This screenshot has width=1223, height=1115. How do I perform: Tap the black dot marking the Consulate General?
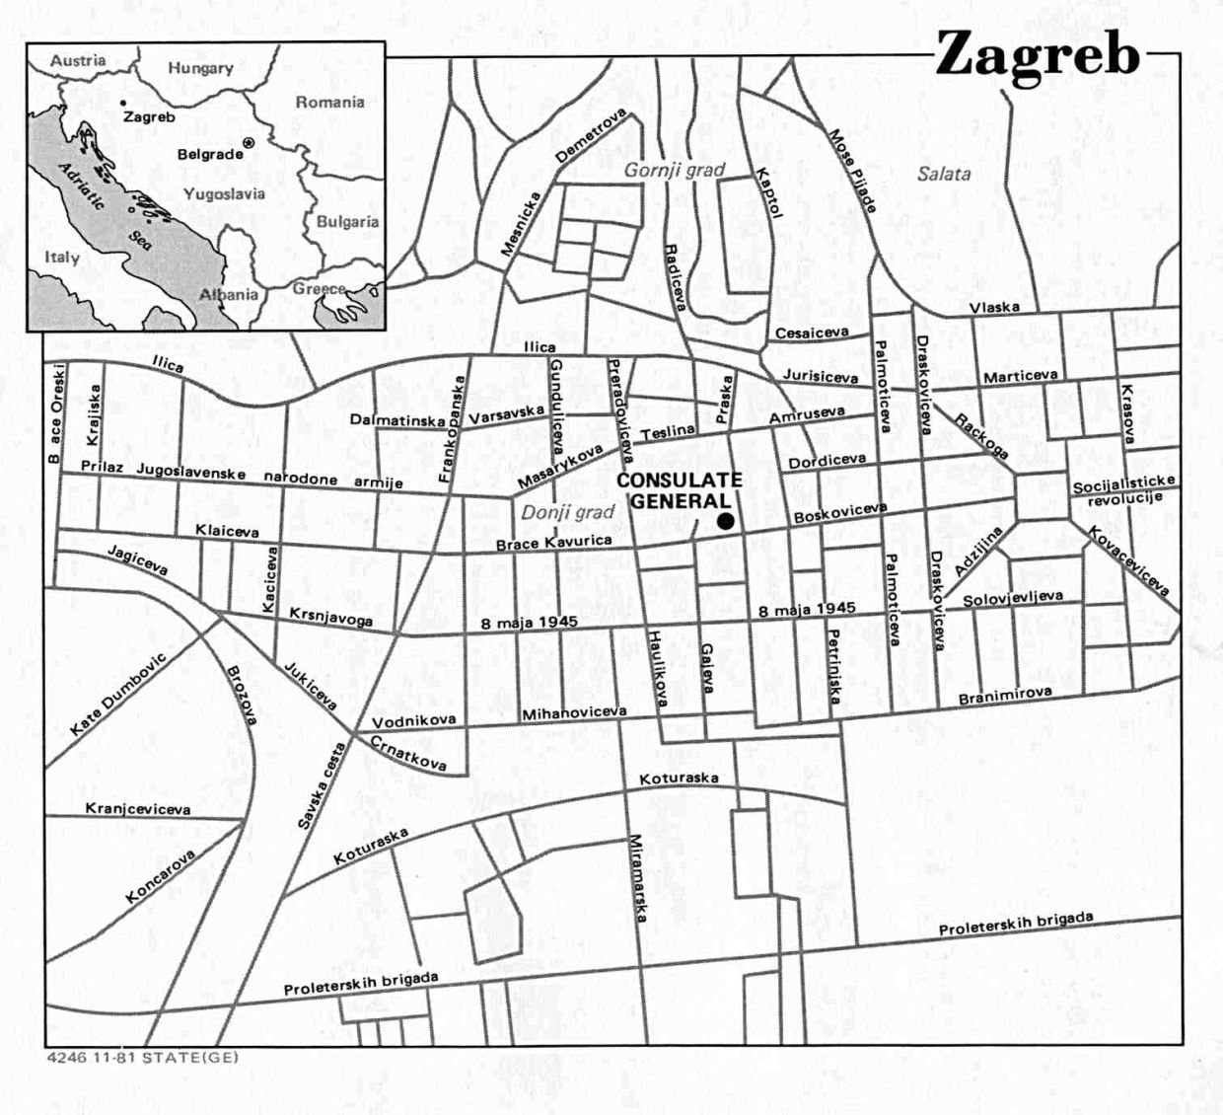click(727, 521)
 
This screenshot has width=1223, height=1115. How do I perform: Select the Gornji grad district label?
click(674, 170)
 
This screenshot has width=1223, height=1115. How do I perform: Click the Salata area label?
click(943, 174)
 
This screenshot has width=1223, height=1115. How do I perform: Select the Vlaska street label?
click(994, 308)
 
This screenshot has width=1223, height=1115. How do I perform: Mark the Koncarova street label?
click(161, 876)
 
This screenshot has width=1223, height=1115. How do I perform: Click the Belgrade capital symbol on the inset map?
click(248, 143)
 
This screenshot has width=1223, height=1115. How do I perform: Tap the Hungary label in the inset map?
click(200, 68)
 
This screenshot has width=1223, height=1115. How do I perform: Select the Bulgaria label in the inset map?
click(347, 222)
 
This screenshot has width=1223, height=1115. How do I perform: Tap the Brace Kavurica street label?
click(553, 542)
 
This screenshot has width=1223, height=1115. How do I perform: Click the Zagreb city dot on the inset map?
click(122, 102)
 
